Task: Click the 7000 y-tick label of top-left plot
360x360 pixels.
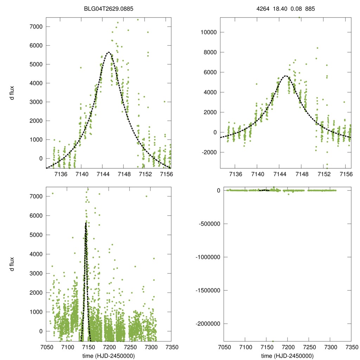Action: tap(36, 27)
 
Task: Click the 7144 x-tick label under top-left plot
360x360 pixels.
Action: tap(102, 174)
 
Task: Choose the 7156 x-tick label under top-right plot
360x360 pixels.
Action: tap(346, 174)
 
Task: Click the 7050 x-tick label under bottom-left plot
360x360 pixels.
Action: tap(46, 347)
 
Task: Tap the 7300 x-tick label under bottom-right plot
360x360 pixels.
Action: tap(330, 347)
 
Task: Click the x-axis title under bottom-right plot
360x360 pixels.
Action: tap(288, 355)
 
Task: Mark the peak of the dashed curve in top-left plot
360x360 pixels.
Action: tap(109, 52)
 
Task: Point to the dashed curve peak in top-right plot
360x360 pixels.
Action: tap(286, 76)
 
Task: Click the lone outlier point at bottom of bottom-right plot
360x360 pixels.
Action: tap(273, 341)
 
